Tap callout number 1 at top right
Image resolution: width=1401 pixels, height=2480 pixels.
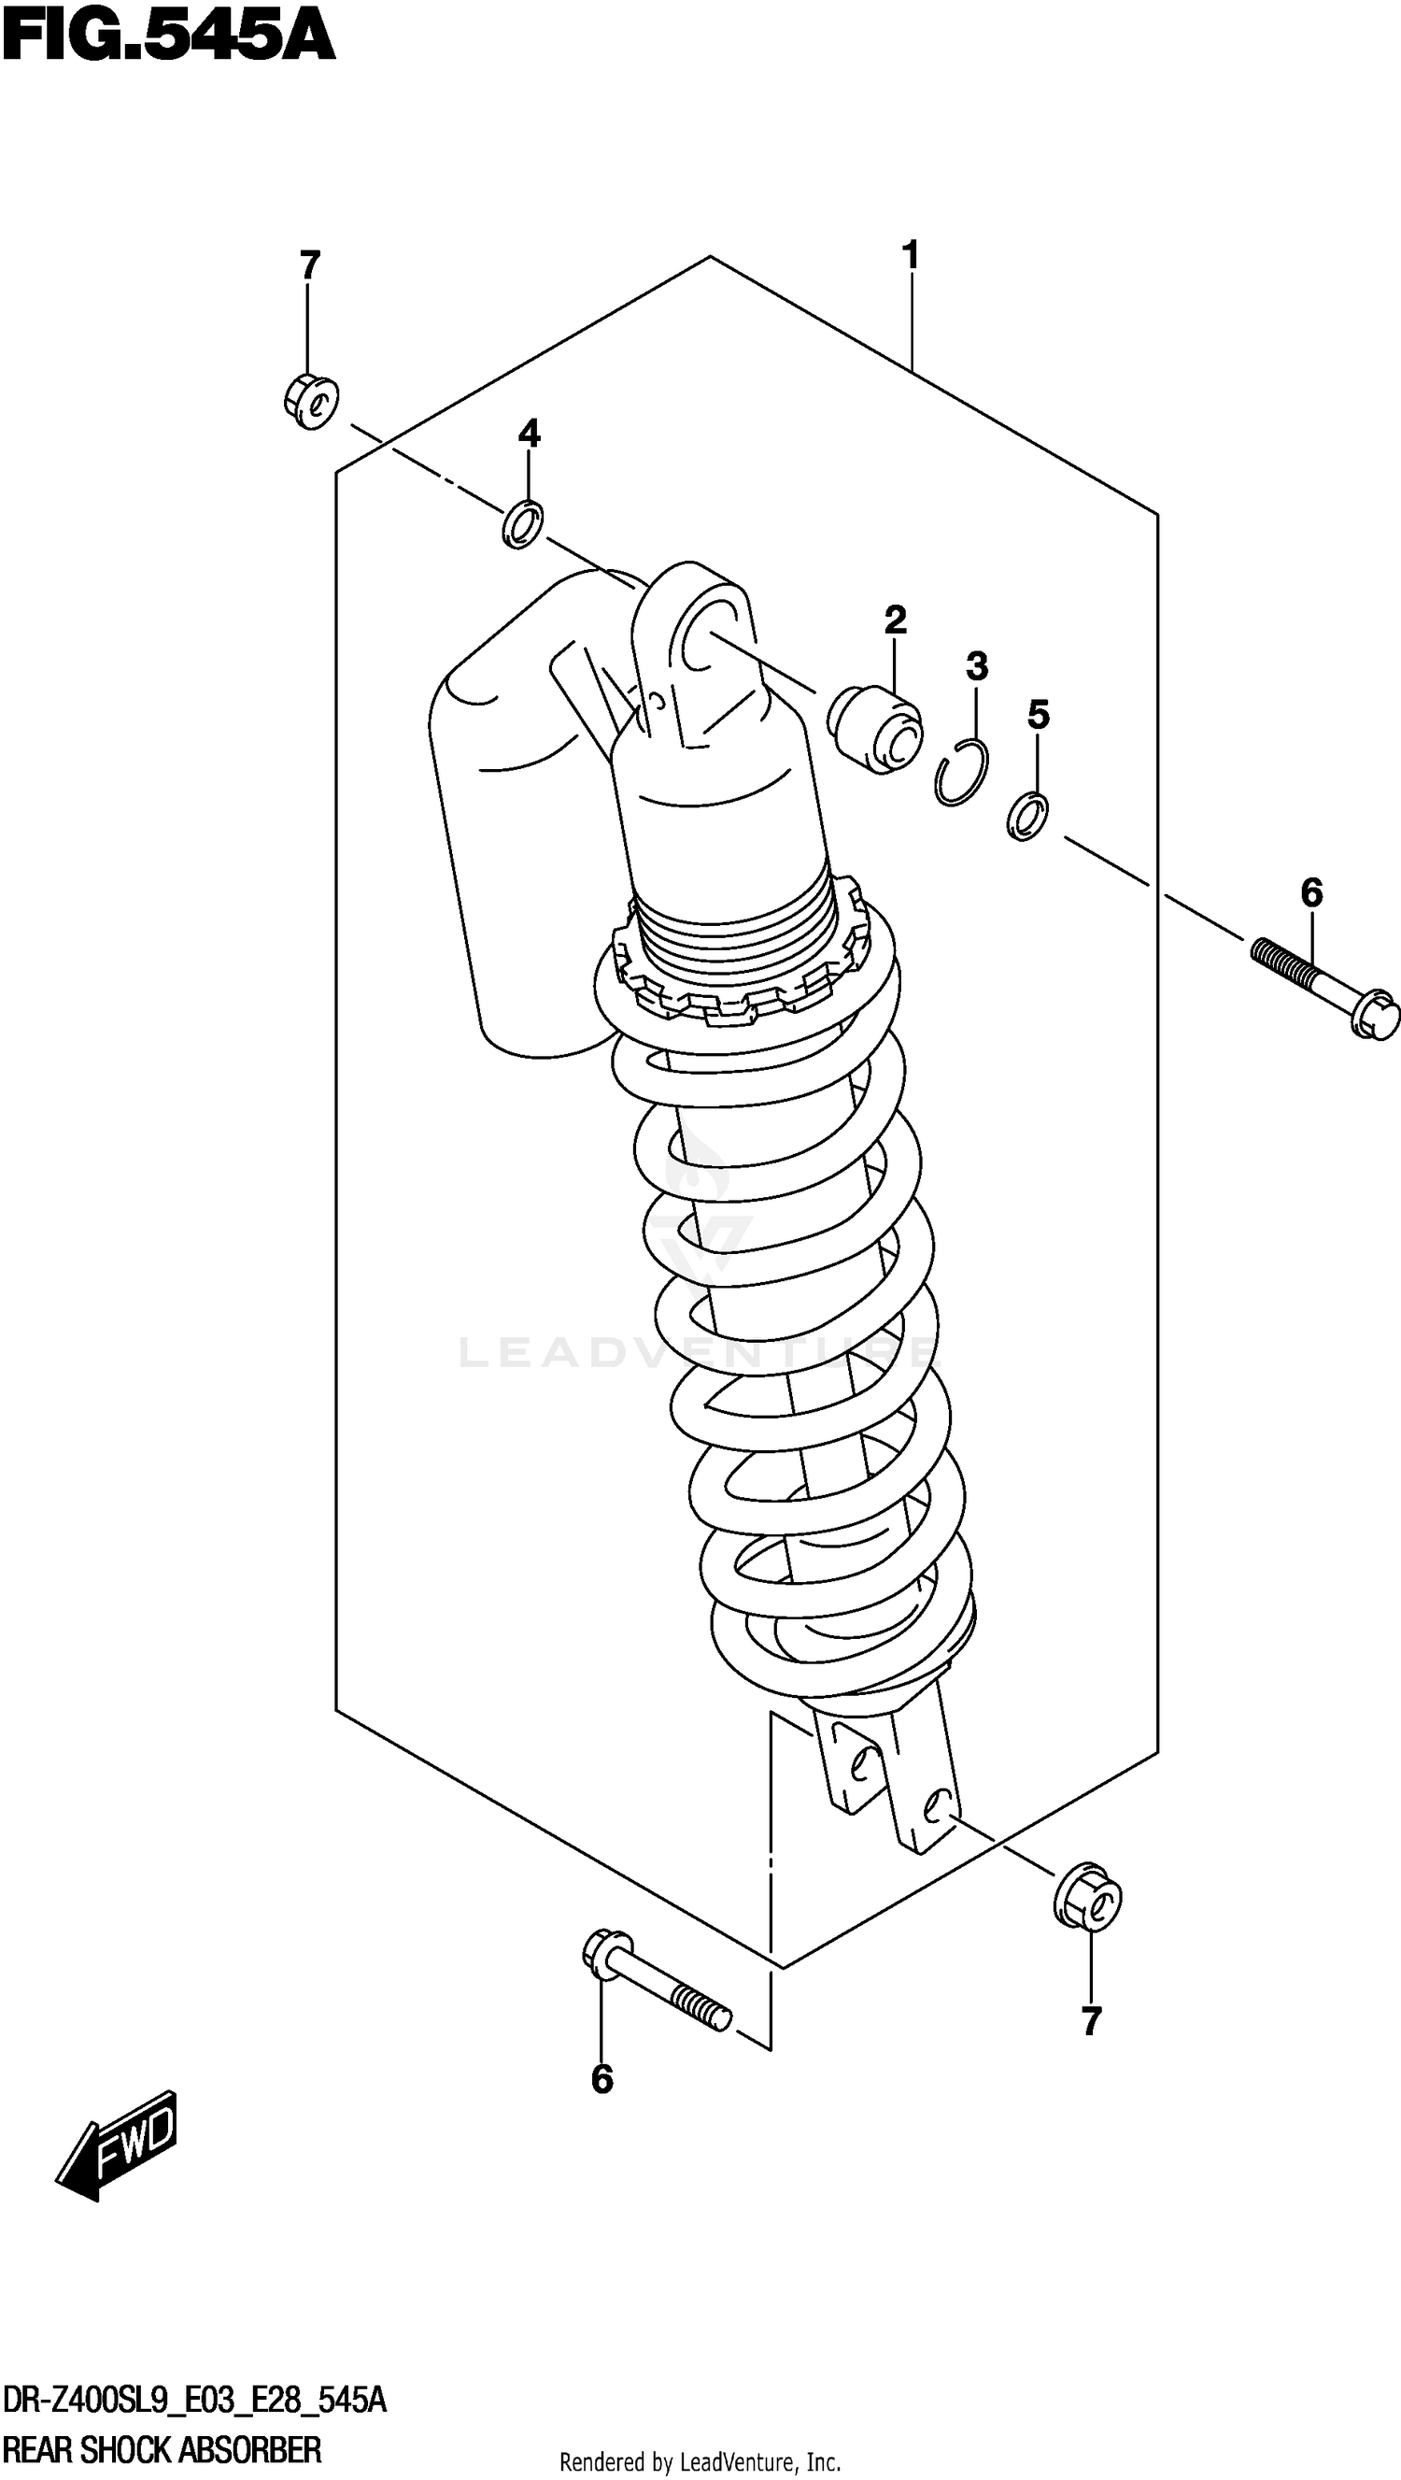click(911, 256)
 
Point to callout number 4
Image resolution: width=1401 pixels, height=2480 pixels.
click(530, 435)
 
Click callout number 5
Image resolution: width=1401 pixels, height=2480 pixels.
click(1038, 715)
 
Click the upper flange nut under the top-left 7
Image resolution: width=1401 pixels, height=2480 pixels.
click(312, 402)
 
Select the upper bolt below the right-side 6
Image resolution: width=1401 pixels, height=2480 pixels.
click(1324, 989)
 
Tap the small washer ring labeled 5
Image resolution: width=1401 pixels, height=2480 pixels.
click(1027, 816)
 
